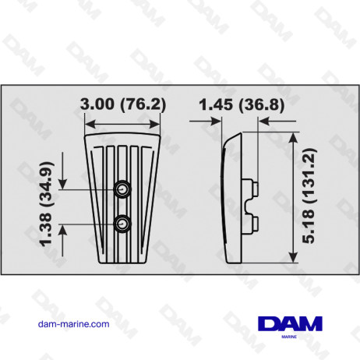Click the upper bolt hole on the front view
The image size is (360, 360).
[x=122, y=189]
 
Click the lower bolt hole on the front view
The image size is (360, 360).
[x=122, y=224]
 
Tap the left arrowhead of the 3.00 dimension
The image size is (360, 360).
[x=90, y=122]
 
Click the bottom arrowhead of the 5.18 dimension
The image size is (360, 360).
[x=293, y=260]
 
